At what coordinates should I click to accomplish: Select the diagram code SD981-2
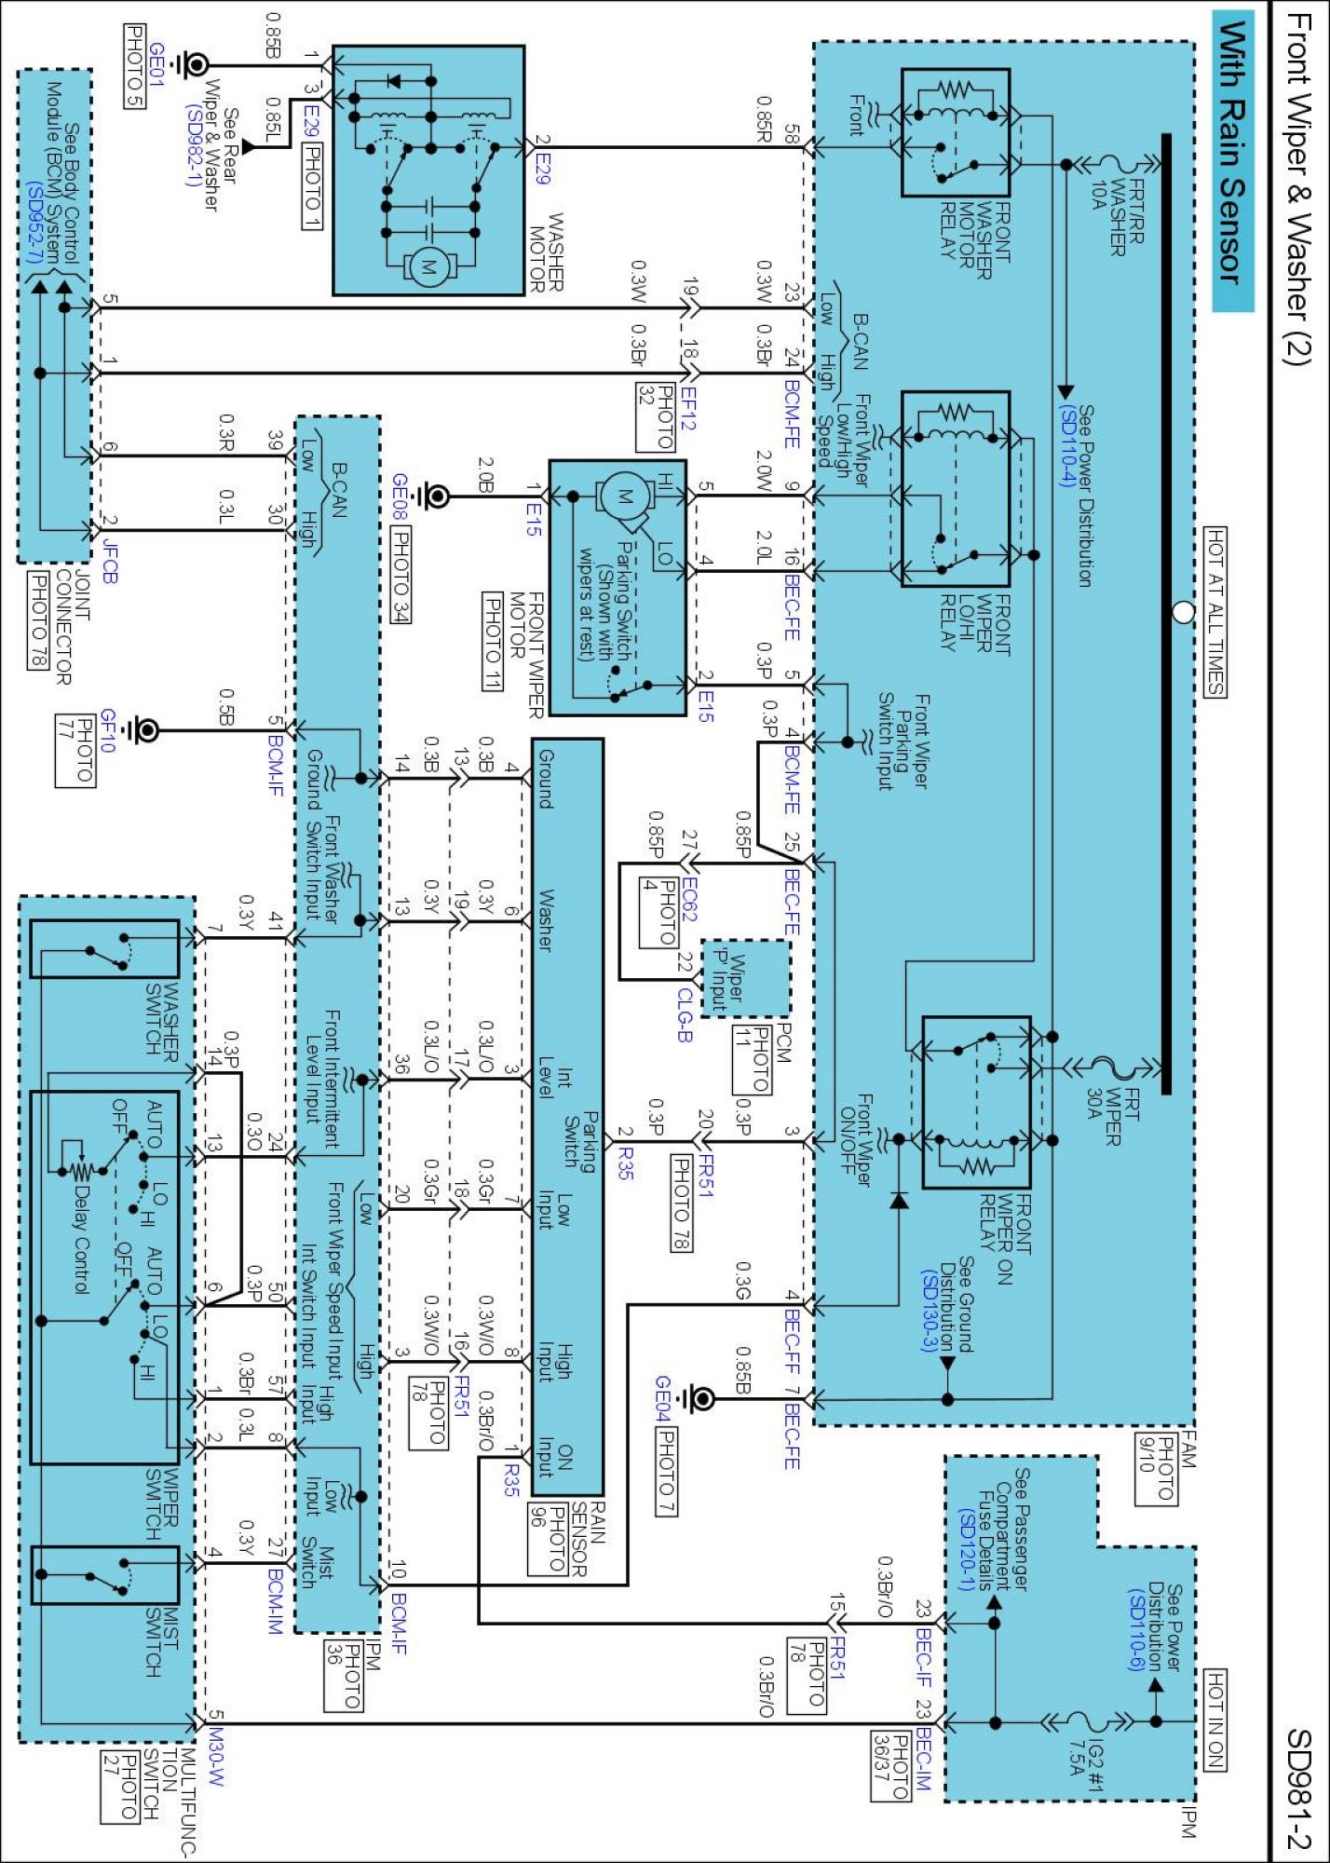click(x=1297, y=1788)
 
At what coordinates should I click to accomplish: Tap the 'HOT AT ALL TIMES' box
click(x=1215, y=611)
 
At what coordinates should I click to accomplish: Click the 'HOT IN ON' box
click(x=1215, y=1720)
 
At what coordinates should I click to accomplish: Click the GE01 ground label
click(x=156, y=65)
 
